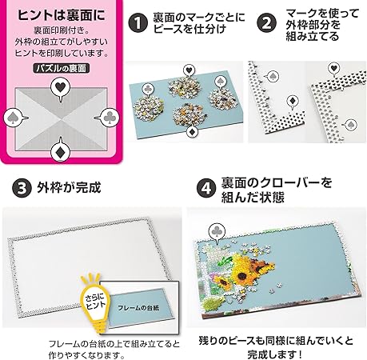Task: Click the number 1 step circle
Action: point(138,23)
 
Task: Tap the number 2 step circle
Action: point(266,23)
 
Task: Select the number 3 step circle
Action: point(22,188)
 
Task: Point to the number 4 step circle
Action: point(206,188)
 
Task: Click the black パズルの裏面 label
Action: point(62,68)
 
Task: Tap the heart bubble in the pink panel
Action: point(61,88)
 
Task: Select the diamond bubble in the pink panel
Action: point(61,151)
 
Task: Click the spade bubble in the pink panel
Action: point(14,118)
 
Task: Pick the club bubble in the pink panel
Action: point(107,118)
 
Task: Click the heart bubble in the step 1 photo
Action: point(189,70)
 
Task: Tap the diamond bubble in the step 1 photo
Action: point(191,131)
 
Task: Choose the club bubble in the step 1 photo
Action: point(148,89)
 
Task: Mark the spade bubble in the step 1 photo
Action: point(221,81)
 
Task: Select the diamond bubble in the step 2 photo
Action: point(293,102)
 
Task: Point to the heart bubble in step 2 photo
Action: point(333,68)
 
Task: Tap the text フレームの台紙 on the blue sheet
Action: point(138,308)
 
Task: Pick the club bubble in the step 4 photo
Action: point(217,231)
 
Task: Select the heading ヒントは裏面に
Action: point(62,15)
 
